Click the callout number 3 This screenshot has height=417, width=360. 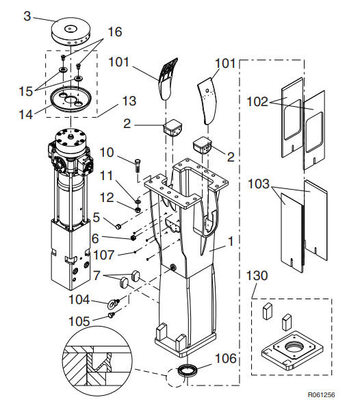pyautogui.click(x=27, y=16)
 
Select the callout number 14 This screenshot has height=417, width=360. pyautogui.click(x=26, y=114)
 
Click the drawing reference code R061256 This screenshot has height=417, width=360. pyautogui.click(x=321, y=394)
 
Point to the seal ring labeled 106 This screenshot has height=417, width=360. pyautogui.click(x=188, y=370)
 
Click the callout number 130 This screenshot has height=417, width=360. pyautogui.click(x=257, y=276)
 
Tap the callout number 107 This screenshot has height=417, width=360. pyautogui.click(x=104, y=255)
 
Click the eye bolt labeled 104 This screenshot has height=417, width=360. pyautogui.click(x=114, y=303)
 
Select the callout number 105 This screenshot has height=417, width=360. pyautogui.click(x=79, y=322)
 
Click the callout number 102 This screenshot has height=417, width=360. pyautogui.click(x=257, y=101)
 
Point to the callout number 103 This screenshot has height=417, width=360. pyautogui.click(x=259, y=184)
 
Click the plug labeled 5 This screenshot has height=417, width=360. pyautogui.click(x=118, y=227)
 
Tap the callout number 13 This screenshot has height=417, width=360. pyautogui.click(x=129, y=101)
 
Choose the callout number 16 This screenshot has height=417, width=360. pyautogui.click(x=115, y=32)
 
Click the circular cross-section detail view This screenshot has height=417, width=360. pyautogui.click(x=97, y=361)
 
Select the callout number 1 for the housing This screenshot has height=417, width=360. pyautogui.click(x=231, y=242)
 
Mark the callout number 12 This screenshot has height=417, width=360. pyautogui.click(x=107, y=198)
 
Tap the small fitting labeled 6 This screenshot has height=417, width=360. pyautogui.click(x=134, y=237)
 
